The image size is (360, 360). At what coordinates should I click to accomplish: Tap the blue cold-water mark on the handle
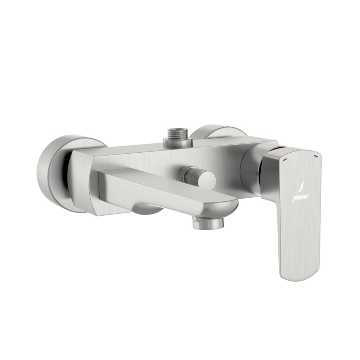pos(315,154)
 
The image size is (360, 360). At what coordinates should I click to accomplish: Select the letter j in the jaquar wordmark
pos(293,199)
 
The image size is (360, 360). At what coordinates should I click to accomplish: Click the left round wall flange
pos(52,172)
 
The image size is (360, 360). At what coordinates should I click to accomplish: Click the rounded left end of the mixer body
pos(81,180)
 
